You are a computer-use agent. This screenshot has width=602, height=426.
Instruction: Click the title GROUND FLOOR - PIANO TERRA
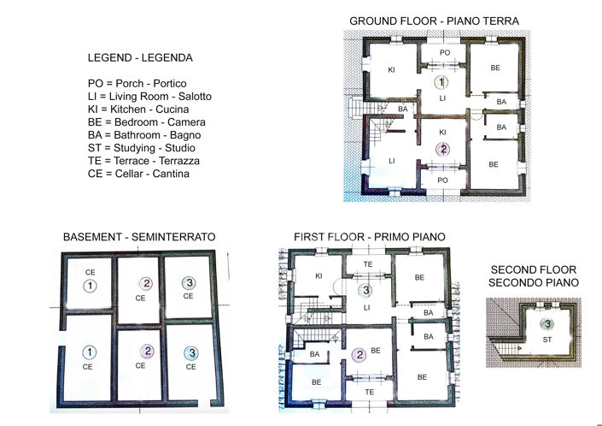pos(434,21)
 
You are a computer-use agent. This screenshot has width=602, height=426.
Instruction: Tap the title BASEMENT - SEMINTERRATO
pos(139,236)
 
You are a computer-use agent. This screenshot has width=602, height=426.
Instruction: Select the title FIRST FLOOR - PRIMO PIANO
pos(370,236)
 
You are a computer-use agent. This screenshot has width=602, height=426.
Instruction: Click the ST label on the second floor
pos(547,339)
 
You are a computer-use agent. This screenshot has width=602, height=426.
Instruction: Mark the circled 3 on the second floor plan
pos(546,324)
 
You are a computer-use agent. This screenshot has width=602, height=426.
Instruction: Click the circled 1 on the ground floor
pos(441,83)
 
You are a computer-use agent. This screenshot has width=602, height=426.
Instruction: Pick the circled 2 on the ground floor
pos(442,149)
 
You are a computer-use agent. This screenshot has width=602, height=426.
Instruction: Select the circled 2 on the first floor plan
pos(360,355)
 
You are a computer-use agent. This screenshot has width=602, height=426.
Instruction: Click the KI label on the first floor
pos(319,276)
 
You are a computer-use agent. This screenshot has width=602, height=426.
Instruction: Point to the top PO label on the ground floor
pos(444,53)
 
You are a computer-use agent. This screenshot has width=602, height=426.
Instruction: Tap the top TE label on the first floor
pos(369,264)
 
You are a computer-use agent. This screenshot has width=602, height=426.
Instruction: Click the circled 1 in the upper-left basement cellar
pos(89,286)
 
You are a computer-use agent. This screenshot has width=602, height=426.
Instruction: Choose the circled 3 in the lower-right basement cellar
pos(191,352)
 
